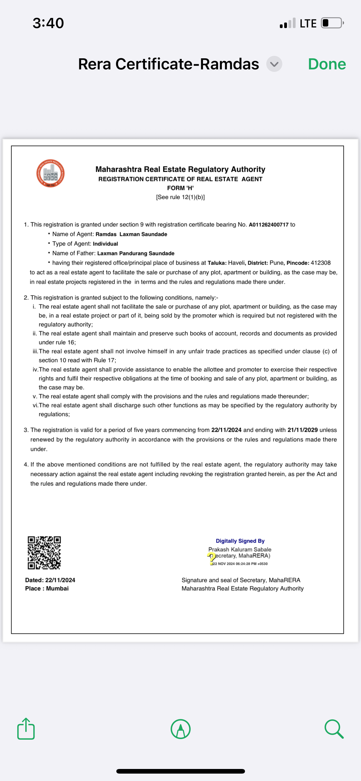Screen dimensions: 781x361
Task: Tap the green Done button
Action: pos(327,64)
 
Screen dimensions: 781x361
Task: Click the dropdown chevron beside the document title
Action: pos(274,64)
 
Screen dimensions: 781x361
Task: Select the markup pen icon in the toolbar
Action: pos(180,729)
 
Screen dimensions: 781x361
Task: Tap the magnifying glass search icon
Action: pos(334,729)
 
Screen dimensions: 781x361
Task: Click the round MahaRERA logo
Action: pos(50,173)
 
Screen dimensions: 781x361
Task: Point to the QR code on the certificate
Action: pos(44,552)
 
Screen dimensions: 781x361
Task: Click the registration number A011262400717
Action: pos(268,225)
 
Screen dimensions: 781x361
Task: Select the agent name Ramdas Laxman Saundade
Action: pos(131,234)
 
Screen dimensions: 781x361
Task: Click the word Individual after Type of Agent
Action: pos(105,244)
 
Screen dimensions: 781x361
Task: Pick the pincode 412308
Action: pos(320,263)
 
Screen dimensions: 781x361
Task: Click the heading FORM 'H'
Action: pos(180,188)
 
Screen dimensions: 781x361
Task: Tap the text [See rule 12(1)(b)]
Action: pos(180,197)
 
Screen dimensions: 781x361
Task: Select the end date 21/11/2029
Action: pos(302,430)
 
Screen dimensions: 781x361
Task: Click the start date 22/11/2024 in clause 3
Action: pos(226,430)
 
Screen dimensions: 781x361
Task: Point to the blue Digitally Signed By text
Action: pos(240,541)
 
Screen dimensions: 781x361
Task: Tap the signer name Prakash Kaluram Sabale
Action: pos(240,549)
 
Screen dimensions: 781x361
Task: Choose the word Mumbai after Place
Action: pos(57,589)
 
